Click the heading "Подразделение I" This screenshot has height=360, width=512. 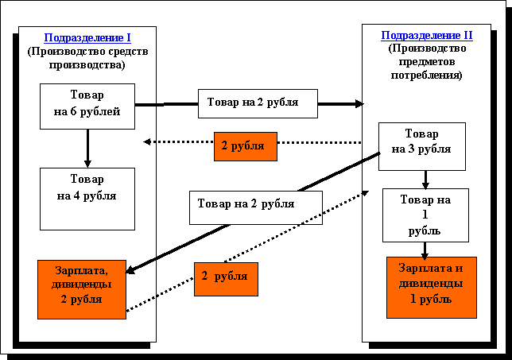pos(87,37)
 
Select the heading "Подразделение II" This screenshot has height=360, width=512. pos(427,35)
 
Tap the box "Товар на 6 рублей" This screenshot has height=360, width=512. pos(87,105)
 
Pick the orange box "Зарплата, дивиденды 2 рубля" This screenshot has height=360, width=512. pos(81,289)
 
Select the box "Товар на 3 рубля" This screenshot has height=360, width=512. pos(421,146)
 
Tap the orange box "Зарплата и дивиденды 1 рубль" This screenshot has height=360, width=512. pos(431,287)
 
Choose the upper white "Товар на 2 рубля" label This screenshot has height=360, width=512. pos(258,103)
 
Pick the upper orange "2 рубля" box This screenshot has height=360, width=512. pos(246,146)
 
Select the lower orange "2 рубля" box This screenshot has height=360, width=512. pos(225,278)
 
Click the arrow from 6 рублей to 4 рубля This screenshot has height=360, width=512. pos(87,148)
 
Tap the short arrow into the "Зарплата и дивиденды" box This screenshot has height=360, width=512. pos(425,249)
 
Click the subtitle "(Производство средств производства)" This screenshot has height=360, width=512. pos(87,58)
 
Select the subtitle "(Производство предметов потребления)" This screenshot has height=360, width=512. pos(427,62)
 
